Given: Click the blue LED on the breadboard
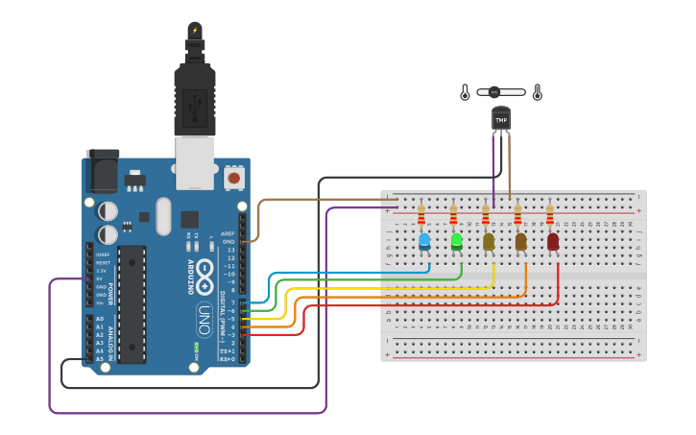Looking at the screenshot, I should [424, 242].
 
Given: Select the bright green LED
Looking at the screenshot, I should [457, 241].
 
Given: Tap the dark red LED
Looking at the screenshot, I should [553, 241].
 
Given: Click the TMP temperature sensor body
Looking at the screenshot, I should [500, 119].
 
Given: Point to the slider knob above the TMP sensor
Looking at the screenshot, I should [494, 92].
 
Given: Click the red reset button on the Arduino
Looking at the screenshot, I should [233, 178].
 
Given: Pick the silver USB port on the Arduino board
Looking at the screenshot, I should [195, 161].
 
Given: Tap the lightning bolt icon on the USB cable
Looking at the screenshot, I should [195, 30].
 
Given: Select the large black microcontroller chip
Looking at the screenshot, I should [132, 303].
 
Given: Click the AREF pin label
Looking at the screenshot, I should [228, 233].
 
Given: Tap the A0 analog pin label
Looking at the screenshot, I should [99, 318].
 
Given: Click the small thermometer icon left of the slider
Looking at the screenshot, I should [466, 93].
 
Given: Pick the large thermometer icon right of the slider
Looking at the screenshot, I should [537, 92].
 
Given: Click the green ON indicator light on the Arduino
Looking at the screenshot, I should [196, 345].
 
